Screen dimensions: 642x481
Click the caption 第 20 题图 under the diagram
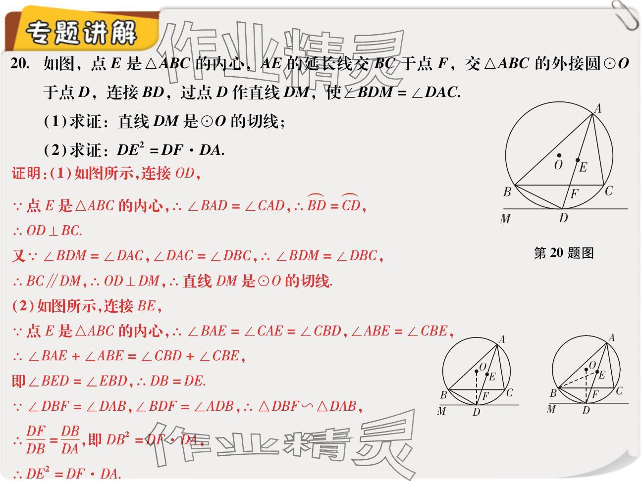coord(564,253)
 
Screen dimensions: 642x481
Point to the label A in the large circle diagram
coord(598,108)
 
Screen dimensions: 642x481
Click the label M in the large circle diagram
coord(505,219)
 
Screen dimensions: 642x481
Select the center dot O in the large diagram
coord(559,155)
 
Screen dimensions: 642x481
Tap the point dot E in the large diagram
coord(578,160)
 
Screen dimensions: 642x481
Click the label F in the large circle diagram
coord(574,194)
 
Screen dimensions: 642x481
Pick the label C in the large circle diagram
coord(609,191)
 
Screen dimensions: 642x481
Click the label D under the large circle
coord(563,218)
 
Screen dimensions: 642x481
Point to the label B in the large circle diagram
coord(507,192)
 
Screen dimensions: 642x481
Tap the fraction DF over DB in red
coord(36,440)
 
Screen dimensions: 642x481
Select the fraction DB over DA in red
coord(70,440)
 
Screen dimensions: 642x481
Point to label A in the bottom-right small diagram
coord(611,338)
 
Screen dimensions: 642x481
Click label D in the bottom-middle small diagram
coord(476,412)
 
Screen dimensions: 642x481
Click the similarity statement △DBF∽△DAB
coord(307,407)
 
